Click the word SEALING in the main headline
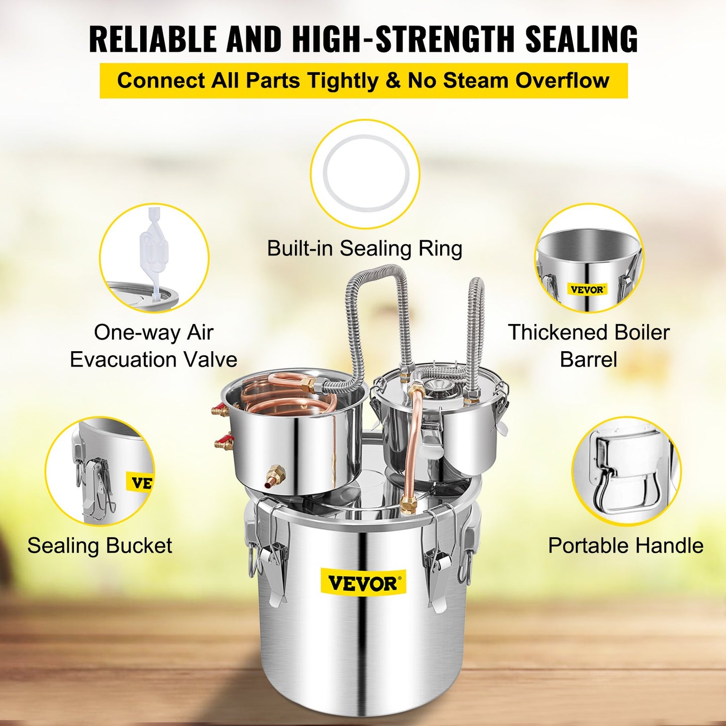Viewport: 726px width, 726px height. coord(581,39)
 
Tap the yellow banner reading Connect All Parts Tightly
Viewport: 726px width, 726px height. coord(363,80)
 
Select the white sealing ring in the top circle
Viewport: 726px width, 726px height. coord(365,173)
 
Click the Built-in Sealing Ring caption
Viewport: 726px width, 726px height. coord(364,248)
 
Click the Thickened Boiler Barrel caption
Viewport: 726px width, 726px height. coord(588,346)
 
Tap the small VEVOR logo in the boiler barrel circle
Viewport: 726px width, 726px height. coord(587,289)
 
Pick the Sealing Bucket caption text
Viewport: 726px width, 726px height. coord(99,546)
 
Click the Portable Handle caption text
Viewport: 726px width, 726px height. coord(626,546)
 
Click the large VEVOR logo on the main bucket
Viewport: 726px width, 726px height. coord(363,583)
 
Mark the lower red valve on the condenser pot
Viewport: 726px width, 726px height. coord(224,444)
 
